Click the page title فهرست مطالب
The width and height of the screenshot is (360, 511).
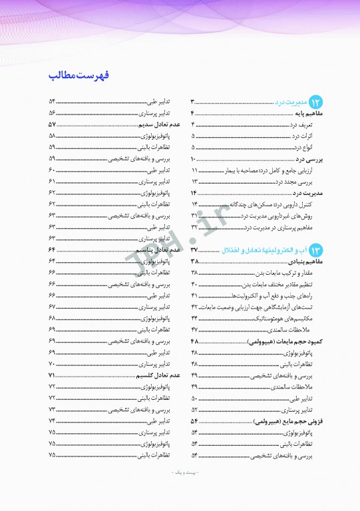click(x=79, y=74)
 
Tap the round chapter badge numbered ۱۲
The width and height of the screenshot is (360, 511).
click(x=315, y=102)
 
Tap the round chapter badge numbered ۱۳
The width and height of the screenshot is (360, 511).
click(x=315, y=250)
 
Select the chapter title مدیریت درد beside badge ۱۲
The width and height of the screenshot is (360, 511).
click(x=291, y=102)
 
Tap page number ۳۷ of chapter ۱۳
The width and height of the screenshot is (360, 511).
click(x=194, y=250)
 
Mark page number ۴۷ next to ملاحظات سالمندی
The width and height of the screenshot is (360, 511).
click(x=194, y=330)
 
